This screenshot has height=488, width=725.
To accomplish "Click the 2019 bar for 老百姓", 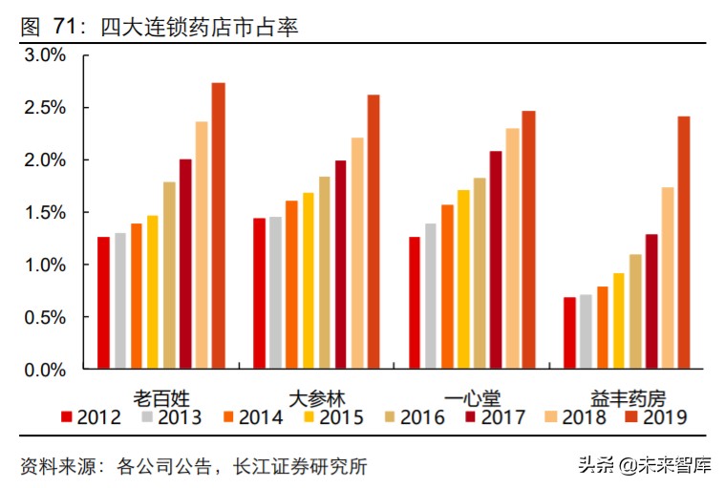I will click(x=218, y=225).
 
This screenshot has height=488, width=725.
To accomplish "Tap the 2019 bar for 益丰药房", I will click(x=684, y=243).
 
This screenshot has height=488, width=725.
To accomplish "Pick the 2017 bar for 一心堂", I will click(x=496, y=260).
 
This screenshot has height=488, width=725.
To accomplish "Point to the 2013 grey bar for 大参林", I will click(x=275, y=292).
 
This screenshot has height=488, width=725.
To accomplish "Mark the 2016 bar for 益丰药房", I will click(x=635, y=311).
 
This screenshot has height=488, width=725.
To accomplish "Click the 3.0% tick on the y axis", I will click(x=45, y=55).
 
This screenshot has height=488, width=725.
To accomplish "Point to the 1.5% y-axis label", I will click(x=45, y=212).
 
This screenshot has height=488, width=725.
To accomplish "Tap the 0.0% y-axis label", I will click(x=45, y=369).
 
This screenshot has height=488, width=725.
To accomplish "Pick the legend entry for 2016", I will click(x=415, y=417).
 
